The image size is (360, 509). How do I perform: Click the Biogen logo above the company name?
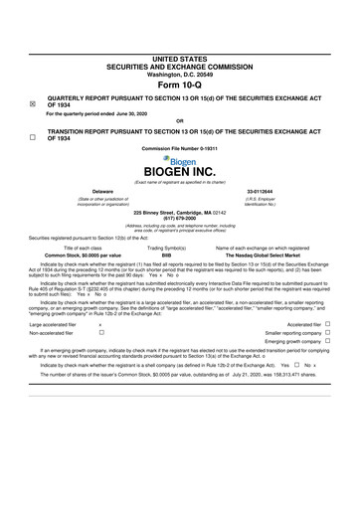pos(179,158)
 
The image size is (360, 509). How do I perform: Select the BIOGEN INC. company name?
pos(179,171)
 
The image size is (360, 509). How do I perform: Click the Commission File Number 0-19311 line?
pos(179,147)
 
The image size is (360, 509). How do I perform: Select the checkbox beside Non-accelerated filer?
pos(100,333)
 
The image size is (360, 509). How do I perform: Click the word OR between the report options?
pos(179,121)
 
